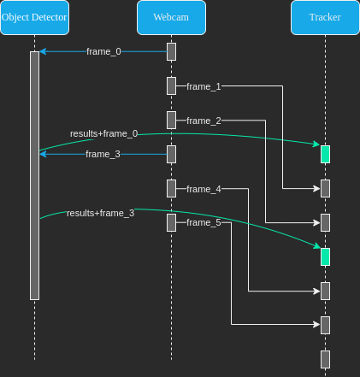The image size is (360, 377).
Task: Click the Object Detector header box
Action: (34, 18)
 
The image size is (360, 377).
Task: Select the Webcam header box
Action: (171, 18)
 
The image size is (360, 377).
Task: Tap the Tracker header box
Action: (325, 18)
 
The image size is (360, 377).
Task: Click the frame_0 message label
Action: (103, 51)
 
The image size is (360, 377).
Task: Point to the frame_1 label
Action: (204, 86)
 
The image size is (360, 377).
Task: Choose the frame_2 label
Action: (204, 121)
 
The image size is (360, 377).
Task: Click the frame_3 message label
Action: (103, 154)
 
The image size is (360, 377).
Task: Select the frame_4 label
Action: (204, 189)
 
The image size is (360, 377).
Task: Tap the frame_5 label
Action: (204, 222)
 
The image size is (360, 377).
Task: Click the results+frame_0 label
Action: (104, 133)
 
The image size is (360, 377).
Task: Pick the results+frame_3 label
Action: (101, 213)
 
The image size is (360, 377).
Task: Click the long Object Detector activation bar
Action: (35, 175)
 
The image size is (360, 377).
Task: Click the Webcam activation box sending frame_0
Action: (171, 51)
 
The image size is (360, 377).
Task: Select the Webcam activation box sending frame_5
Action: (171, 222)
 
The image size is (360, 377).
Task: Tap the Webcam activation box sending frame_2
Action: (171, 120)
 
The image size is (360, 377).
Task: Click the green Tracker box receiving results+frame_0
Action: (325, 154)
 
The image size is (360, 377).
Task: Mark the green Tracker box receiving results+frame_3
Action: (325, 256)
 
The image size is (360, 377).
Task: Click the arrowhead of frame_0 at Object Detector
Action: (43, 51)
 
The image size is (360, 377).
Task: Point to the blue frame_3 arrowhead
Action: (43, 154)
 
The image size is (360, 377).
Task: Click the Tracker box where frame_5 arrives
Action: (325, 325)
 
